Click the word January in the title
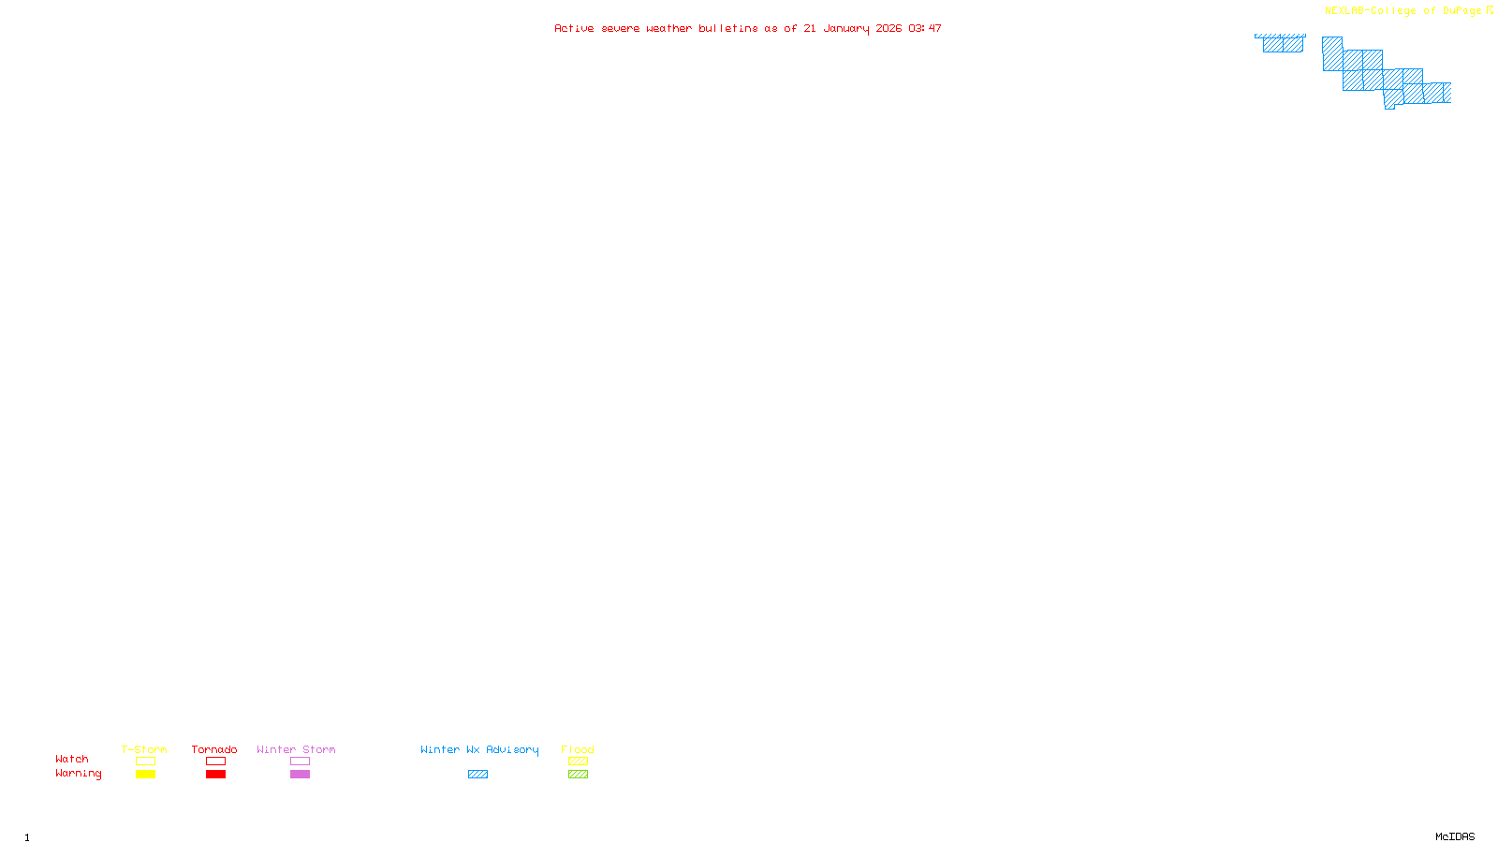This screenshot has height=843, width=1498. (846, 28)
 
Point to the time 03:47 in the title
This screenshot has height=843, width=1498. (924, 28)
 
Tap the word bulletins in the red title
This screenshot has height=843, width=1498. (727, 28)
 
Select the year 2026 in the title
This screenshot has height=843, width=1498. (889, 28)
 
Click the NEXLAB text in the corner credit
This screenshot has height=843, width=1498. (1344, 10)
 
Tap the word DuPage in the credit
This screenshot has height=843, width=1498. (1461, 10)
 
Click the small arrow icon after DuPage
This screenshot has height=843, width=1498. (1490, 10)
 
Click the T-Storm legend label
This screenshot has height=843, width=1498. (144, 749)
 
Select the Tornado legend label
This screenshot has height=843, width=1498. (214, 749)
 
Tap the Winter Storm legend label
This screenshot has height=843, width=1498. (296, 749)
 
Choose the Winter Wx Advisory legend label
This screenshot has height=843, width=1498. (479, 749)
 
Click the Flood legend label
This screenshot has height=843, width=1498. (578, 749)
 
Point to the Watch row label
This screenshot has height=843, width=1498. (72, 759)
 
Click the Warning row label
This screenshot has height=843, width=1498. (78, 774)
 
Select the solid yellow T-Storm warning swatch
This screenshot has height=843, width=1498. (145, 775)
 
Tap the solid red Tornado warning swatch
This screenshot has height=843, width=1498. (215, 775)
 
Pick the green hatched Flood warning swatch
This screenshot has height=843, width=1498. (578, 775)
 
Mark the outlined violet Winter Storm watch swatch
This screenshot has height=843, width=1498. (300, 762)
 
